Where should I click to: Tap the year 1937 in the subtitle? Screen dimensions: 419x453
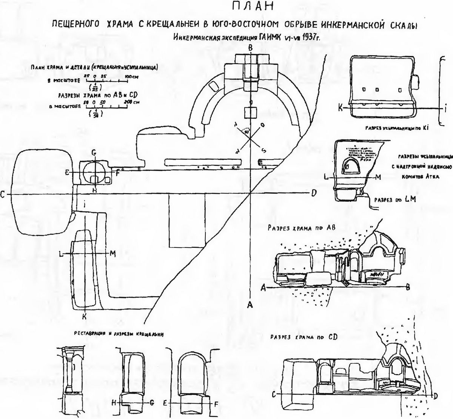(x=306, y=37)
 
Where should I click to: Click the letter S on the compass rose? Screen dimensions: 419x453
(x=264, y=151)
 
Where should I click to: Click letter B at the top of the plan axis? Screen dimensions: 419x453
(x=250, y=48)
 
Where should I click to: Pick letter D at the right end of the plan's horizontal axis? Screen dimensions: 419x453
(x=313, y=194)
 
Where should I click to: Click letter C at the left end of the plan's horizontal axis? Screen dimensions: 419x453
(x=3, y=195)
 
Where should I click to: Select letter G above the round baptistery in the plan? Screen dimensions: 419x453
(x=94, y=153)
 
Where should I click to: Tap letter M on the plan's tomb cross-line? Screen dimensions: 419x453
(x=112, y=253)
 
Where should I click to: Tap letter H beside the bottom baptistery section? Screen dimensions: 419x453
(x=113, y=403)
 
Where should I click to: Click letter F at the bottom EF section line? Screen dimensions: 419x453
(x=216, y=403)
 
